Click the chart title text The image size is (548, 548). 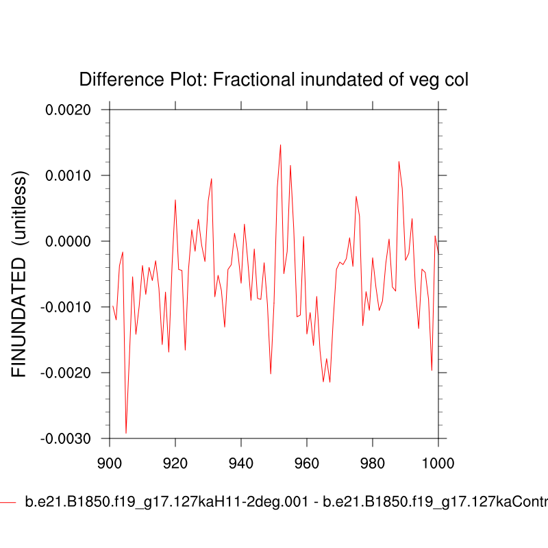coord(274,80)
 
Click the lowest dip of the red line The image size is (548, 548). coord(126,433)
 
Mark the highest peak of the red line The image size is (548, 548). coord(280,145)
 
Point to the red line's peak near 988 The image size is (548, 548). coord(399,162)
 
